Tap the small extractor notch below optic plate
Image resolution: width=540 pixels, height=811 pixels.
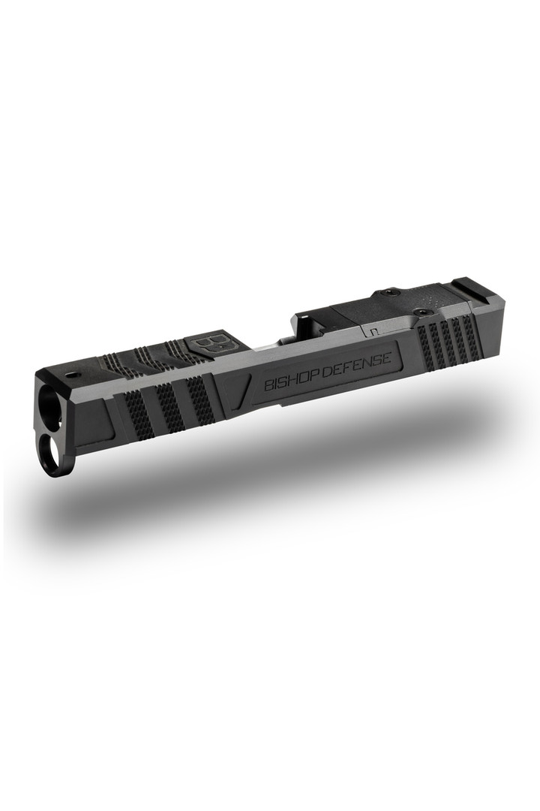tap(370, 329)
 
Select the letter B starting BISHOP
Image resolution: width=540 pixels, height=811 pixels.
tap(268, 387)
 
